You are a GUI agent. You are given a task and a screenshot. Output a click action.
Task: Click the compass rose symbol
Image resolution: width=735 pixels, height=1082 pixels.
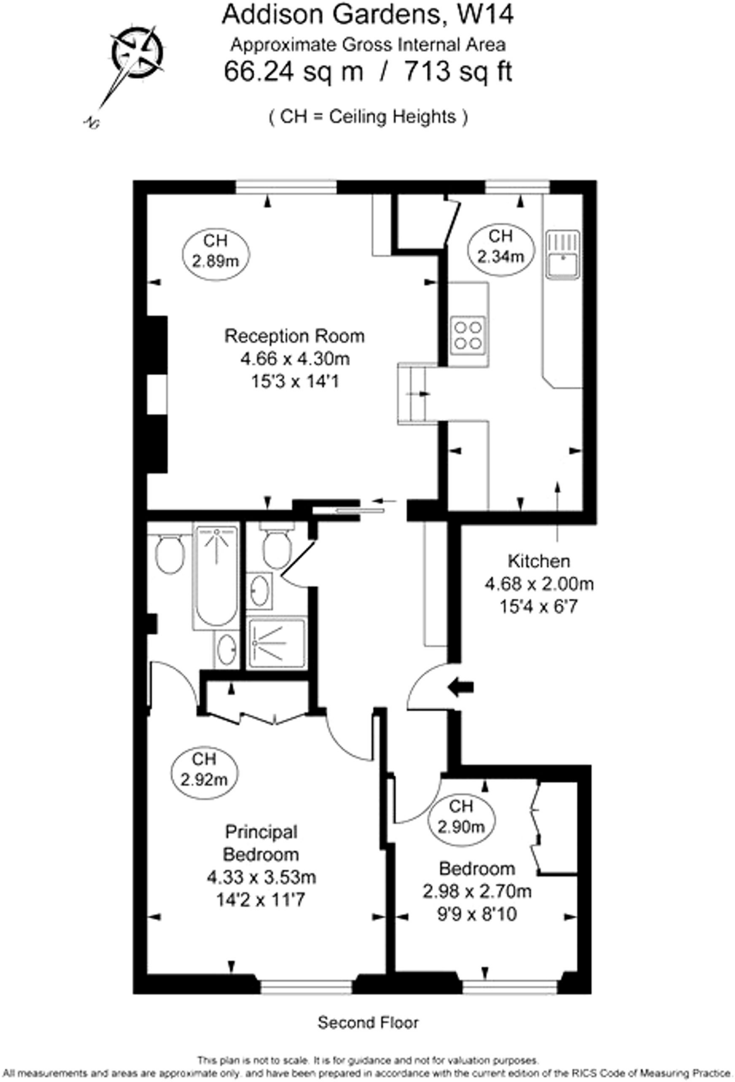pyautogui.click(x=137, y=52)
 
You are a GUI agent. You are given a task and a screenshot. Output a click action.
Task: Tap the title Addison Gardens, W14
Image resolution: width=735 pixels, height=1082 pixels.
pyautogui.click(x=367, y=15)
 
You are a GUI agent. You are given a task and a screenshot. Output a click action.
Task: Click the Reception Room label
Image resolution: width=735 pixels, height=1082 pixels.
pyautogui.click(x=294, y=336)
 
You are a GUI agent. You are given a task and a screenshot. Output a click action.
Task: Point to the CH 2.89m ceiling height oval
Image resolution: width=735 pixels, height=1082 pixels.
pyautogui.click(x=216, y=251)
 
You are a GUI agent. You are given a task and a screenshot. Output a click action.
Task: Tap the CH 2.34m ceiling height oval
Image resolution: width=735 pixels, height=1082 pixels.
pyautogui.click(x=500, y=247)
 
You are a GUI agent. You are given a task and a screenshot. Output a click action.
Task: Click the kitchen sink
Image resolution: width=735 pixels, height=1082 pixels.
pyautogui.click(x=563, y=255)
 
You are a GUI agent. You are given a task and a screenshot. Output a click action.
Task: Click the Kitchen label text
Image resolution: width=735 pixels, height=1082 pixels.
pyautogui.click(x=538, y=561)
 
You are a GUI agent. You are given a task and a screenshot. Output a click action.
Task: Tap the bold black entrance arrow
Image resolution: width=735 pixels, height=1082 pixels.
pyautogui.click(x=461, y=687)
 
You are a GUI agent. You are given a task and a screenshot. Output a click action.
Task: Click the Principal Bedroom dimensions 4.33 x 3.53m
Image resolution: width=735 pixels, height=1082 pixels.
pyautogui.click(x=262, y=878)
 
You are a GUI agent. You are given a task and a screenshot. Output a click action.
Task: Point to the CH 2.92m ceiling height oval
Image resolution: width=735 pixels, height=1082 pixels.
pyautogui.click(x=204, y=769)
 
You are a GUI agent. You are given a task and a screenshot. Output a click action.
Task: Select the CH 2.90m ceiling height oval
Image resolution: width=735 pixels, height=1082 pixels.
pyautogui.click(x=461, y=816)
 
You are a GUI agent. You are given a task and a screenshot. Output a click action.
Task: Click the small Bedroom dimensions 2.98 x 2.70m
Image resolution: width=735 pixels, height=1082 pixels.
pyautogui.click(x=477, y=892)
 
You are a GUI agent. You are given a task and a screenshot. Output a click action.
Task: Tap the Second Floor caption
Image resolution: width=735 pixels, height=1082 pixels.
pyautogui.click(x=368, y=1023)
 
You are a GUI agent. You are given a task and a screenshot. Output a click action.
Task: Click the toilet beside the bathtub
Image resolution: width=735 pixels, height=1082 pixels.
pyautogui.click(x=170, y=554)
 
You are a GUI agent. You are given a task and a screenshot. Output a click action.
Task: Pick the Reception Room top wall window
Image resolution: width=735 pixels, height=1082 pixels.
pyautogui.click(x=286, y=188)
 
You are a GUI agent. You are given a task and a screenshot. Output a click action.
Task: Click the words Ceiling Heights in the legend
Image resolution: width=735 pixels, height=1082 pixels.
pyautogui.click(x=392, y=116)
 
